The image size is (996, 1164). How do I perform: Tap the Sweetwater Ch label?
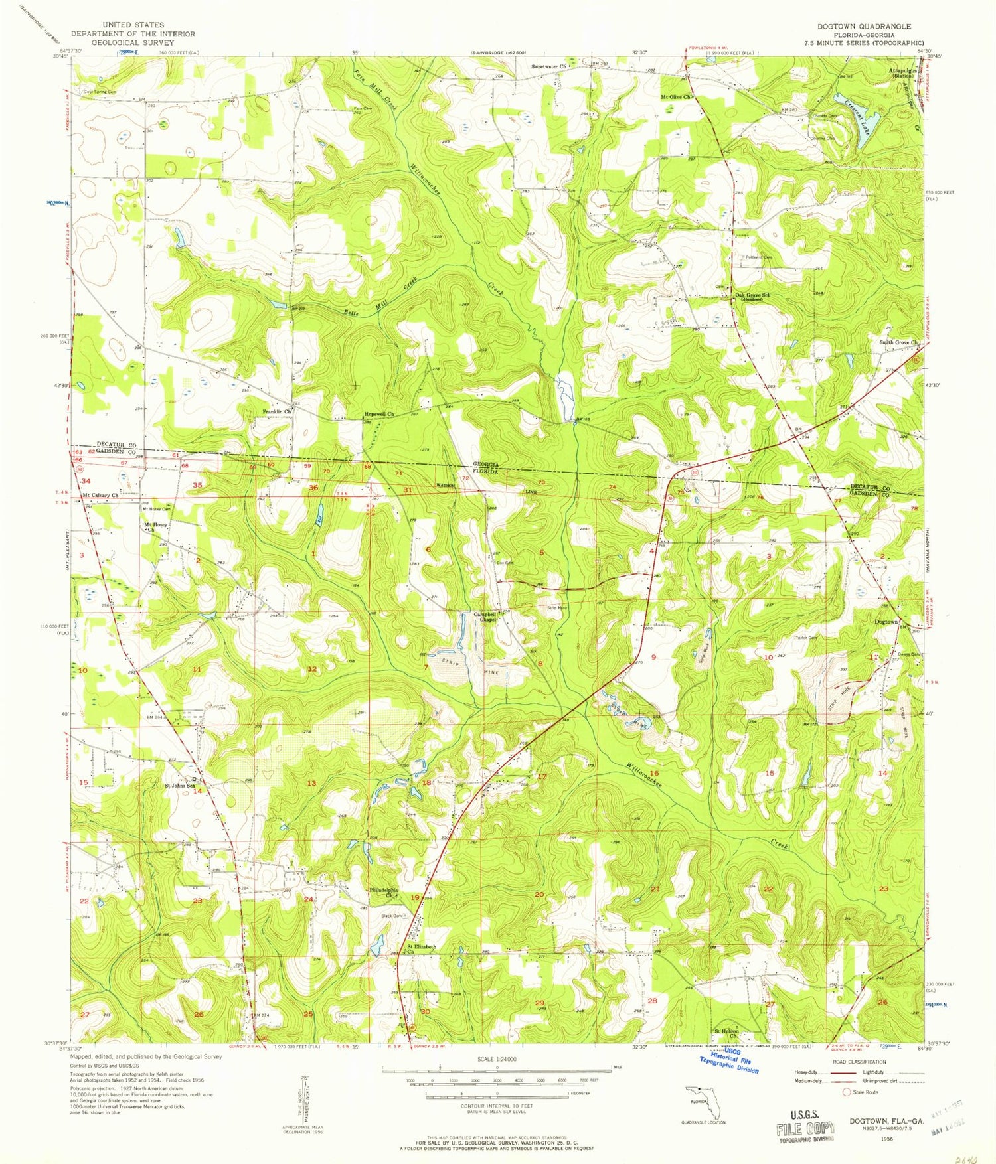(548, 66)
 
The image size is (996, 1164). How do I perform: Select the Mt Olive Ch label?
(675, 97)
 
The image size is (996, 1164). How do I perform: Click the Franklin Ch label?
(277, 411)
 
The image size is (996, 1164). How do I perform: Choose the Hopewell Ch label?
(379, 414)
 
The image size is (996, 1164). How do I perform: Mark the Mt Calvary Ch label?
(100, 495)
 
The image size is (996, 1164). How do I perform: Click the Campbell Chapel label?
(485, 617)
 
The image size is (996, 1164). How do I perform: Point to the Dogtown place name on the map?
(885, 622)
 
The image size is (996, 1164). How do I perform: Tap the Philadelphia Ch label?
(384, 893)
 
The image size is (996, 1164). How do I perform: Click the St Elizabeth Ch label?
(420, 949)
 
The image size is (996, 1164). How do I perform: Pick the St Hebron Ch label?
(726, 1033)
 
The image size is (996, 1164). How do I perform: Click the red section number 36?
(313, 488)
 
